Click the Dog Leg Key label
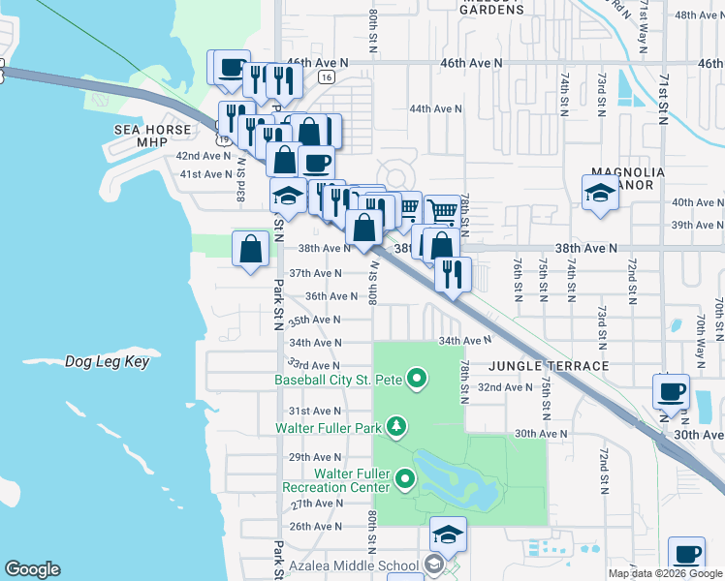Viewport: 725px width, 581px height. [x=106, y=361]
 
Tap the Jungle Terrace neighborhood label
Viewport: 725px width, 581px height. [x=549, y=366]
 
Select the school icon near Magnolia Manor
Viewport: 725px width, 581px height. [x=600, y=193]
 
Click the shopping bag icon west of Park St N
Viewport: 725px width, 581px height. [x=251, y=249]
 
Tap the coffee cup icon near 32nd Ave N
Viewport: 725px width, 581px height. [x=671, y=392]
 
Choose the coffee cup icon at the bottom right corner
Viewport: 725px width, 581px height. [x=687, y=555]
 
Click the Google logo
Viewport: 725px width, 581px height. [x=32, y=569]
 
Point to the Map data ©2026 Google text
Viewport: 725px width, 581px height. [x=664, y=573]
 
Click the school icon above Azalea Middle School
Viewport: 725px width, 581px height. [x=448, y=535]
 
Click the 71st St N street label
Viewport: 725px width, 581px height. [x=665, y=97]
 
